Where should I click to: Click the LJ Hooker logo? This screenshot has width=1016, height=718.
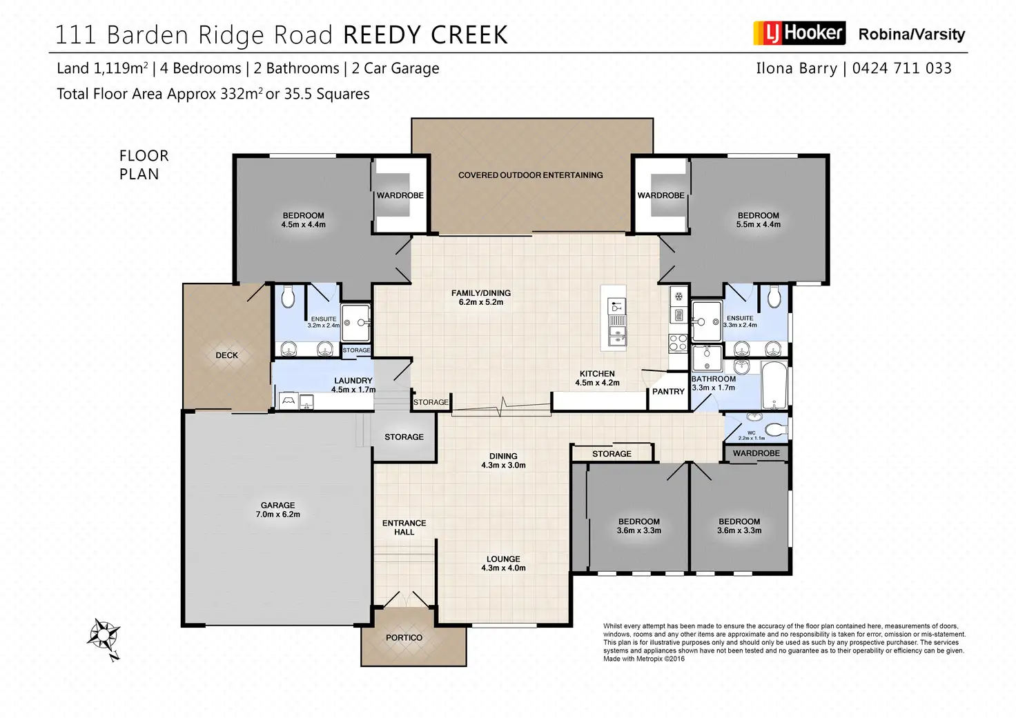coord(799,33)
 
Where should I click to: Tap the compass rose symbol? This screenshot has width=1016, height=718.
coord(104,634)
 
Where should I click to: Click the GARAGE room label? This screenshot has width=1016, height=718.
coord(277,506)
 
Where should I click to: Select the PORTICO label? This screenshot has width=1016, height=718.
coord(404,638)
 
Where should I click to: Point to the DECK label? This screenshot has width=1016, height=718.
coord(226,355)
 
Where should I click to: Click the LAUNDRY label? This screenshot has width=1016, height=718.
coord(353,381)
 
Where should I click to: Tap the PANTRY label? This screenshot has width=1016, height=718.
coord(668,392)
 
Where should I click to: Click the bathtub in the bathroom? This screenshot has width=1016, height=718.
coord(774,384)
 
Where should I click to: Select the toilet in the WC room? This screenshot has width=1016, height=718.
coord(776,429)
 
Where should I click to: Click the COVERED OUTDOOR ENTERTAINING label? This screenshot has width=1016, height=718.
coord(530,175)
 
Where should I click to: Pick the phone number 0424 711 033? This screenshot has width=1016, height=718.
coord(901,68)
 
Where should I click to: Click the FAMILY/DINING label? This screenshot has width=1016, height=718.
coord(481,293)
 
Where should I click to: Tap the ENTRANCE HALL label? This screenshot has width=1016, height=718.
coord(404,528)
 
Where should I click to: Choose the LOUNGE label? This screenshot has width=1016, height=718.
coord(503,559)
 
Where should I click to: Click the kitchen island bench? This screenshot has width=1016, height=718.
coord(614,317)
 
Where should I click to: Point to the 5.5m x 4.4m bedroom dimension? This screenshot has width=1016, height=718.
coord(758,225)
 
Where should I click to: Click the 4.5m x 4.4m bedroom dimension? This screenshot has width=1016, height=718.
coord(303,225)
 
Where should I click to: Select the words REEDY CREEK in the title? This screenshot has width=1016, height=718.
coord(425,35)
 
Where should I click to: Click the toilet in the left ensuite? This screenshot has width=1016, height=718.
coord(288,297)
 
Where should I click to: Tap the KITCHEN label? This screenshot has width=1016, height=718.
coord(597,374)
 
